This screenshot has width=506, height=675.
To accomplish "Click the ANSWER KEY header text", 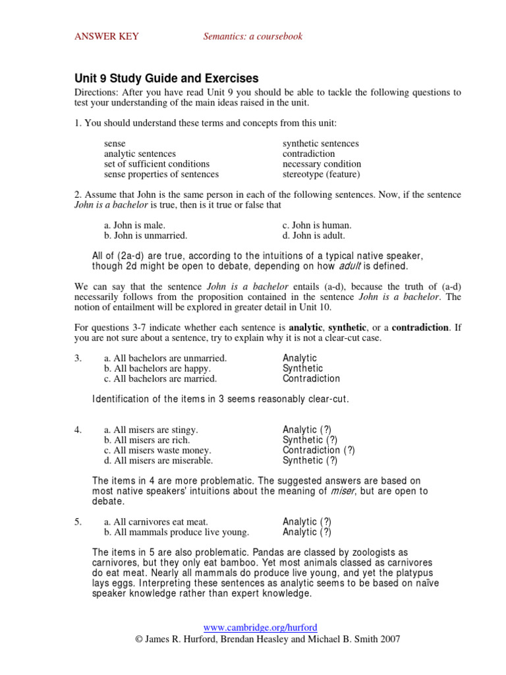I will [x=106, y=36].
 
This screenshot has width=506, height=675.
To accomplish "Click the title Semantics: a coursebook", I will [x=253, y=36].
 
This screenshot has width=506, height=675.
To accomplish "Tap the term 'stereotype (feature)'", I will [x=322, y=175].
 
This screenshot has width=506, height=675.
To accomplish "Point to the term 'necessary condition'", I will [x=322, y=164].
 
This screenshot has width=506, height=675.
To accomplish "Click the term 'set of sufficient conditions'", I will [x=157, y=164].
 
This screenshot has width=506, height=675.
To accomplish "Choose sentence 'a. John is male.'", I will [x=134, y=225].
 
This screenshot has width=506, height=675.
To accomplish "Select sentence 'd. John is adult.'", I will [x=314, y=235].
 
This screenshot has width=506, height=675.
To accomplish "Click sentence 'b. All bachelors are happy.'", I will [x=158, y=368].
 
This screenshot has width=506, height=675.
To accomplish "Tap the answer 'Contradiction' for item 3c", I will [x=311, y=379].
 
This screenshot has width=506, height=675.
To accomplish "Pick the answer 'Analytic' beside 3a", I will [x=300, y=358].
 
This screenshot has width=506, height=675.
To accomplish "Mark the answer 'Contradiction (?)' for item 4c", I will [x=319, y=450].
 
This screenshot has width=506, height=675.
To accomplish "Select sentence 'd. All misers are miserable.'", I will [x=158, y=461].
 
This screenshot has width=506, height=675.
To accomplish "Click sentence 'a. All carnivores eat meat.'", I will [x=155, y=521].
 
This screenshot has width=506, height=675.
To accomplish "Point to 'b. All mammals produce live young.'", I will [x=177, y=532].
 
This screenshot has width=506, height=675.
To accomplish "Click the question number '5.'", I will [x=78, y=521].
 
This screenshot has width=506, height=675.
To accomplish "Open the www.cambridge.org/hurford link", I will [x=252, y=628].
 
